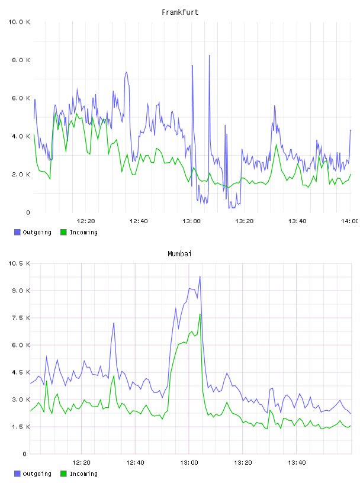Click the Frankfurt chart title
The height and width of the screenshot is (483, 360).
click(180, 12)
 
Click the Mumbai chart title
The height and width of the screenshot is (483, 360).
click(179, 253)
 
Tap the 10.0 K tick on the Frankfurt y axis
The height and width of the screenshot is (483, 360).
click(19, 22)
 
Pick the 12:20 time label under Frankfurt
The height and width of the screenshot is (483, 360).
click(86, 221)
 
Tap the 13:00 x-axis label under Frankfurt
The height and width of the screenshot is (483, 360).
click(191, 221)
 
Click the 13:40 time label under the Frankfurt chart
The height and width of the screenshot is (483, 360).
click(297, 221)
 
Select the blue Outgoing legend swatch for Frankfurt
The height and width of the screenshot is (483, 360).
click(17, 232)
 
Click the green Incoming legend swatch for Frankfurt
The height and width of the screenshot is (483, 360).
click(63, 232)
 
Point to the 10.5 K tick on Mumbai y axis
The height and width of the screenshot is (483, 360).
click(19, 263)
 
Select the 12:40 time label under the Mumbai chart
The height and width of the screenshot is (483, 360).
click(135, 462)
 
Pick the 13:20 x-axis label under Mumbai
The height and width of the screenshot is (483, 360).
click(243, 462)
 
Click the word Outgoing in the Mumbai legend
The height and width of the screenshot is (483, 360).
click(37, 474)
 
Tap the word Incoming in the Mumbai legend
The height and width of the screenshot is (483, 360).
click(83, 474)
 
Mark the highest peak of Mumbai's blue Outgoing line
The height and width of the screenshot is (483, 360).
click(200, 276)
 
